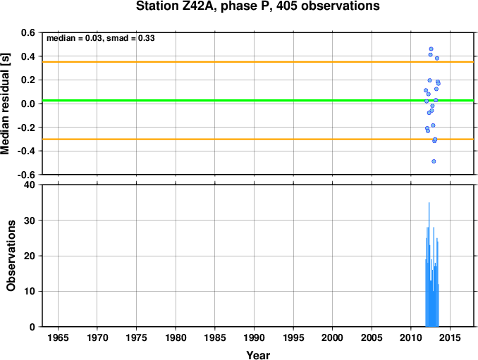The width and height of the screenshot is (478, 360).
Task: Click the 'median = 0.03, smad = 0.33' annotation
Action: [101, 38]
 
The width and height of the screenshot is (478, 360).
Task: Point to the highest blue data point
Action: [431, 49]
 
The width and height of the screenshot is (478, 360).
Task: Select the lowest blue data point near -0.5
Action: [434, 161]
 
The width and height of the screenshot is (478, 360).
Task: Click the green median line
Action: [258, 101]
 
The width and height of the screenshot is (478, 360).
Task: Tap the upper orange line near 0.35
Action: [258, 62]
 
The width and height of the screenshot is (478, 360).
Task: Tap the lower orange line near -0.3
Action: [258, 139]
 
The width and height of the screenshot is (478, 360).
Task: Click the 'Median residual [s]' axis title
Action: [5, 104]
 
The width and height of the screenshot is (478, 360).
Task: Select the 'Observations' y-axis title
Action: [11, 256]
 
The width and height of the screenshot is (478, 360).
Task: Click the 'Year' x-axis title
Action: [258, 355]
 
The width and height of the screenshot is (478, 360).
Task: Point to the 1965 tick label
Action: [59, 337]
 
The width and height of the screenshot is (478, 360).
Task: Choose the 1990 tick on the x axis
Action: [255, 337]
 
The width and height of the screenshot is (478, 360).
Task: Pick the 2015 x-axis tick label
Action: [451, 337]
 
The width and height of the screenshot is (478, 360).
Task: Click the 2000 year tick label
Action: [333, 337]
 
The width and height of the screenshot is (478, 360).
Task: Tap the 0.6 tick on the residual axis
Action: [28, 32]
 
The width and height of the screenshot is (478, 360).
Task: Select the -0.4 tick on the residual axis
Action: [26, 151]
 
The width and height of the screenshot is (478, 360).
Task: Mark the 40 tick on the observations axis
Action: [30, 185]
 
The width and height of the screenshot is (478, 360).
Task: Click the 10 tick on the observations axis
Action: [30, 291]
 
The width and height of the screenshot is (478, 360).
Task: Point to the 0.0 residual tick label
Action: [28, 104]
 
